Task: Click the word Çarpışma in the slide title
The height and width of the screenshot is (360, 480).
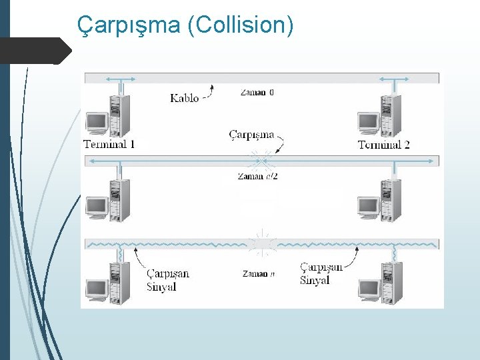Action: (129, 25)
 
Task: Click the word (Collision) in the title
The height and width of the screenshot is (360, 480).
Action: (240, 25)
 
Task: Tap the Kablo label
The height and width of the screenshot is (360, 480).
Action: (184, 98)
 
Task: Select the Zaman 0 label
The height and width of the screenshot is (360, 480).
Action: (256, 92)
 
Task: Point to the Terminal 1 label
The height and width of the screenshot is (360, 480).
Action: (109, 144)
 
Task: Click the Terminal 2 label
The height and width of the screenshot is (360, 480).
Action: (383, 145)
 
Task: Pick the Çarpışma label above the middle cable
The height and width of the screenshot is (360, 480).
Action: (251, 135)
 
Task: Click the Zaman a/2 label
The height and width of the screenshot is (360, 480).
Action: (257, 176)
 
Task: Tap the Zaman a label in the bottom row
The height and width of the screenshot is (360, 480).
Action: (255, 273)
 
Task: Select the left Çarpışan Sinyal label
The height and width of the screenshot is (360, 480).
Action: (167, 280)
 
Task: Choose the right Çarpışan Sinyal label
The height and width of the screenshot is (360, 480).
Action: (321, 274)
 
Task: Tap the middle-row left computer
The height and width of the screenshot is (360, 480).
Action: (108, 201)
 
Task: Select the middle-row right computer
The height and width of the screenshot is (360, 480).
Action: (380, 201)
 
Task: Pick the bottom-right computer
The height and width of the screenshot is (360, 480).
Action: (380, 283)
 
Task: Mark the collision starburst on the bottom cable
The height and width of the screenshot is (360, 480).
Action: (261, 243)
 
